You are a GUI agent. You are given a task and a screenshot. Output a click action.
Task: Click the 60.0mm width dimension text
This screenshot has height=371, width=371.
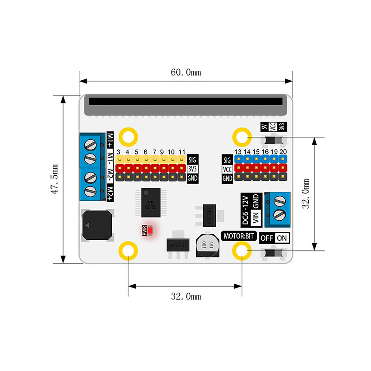click(185, 72)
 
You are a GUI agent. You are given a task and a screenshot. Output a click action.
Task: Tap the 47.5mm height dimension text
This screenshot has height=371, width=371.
click(55, 179)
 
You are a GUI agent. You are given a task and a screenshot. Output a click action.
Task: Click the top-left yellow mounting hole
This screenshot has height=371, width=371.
click(128, 136)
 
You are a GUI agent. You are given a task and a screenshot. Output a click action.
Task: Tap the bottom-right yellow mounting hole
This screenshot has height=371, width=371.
click(242, 251)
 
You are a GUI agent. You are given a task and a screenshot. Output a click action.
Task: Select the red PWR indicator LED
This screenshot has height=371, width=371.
click(150, 230)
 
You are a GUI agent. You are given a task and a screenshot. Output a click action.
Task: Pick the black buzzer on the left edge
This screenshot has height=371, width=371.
click(96, 225)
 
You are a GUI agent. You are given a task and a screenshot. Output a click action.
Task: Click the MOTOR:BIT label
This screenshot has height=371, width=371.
click(239, 236)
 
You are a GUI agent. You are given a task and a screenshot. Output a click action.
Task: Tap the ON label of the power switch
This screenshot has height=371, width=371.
click(281, 238)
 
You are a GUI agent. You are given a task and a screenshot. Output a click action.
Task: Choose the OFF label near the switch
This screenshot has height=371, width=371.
click(266, 238)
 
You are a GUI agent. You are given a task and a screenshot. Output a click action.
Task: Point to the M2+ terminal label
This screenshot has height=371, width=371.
click(110, 192)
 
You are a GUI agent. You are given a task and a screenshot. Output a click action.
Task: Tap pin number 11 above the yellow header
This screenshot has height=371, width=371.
click(181, 152)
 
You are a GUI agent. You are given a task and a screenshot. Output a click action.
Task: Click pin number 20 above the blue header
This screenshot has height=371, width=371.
click(283, 152)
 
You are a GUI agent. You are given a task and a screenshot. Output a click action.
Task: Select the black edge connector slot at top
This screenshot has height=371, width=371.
click(185, 101)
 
